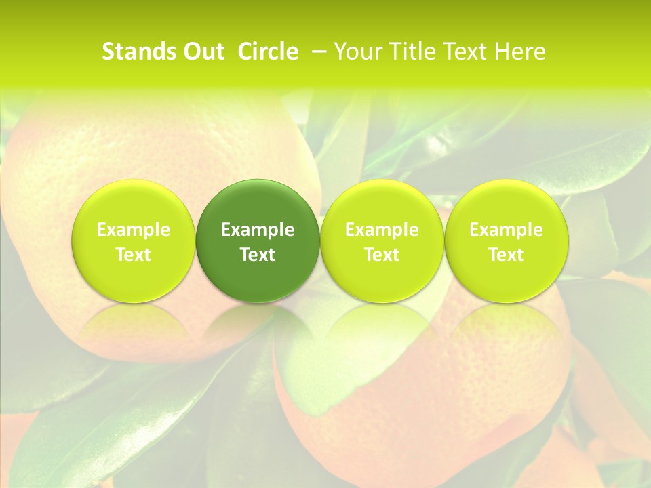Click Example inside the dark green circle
coord(258,230)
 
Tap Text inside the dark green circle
coord(258,255)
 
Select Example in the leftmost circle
coord(134,230)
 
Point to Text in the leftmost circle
coord(134,255)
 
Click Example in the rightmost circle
coord(506,230)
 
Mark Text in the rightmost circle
coord(506,255)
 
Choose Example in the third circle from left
coord(382,230)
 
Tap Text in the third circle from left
coord(382,255)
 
